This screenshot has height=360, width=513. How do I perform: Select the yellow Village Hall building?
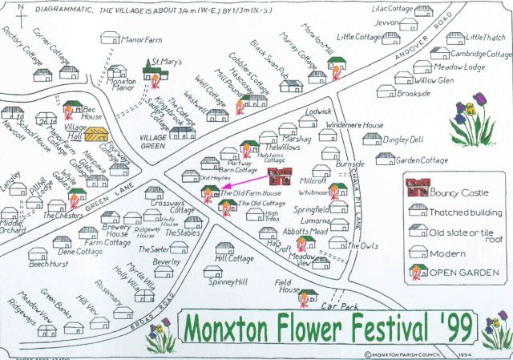click(x=96, y=135)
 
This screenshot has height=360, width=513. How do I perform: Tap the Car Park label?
click(x=337, y=305)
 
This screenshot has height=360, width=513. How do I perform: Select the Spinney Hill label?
click(x=229, y=282)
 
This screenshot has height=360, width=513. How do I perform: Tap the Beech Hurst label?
click(x=50, y=262)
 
